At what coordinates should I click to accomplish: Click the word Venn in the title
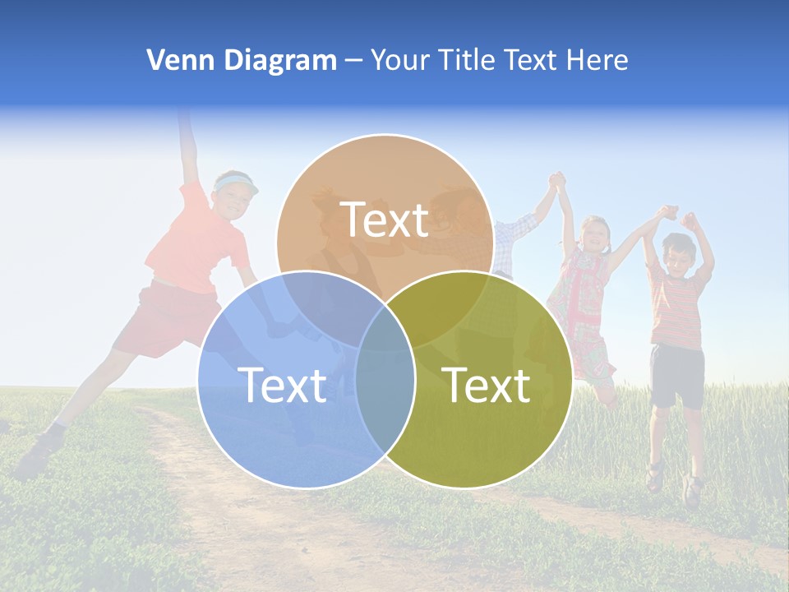(x=174, y=60)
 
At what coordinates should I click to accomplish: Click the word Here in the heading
(x=598, y=60)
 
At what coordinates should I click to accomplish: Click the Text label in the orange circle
(x=385, y=220)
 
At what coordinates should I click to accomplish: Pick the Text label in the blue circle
(x=282, y=385)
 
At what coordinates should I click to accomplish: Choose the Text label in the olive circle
(x=486, y=385)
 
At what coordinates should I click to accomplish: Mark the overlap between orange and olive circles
(x=448, y=300)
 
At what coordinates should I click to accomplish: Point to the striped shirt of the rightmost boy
(x=677, y=308)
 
